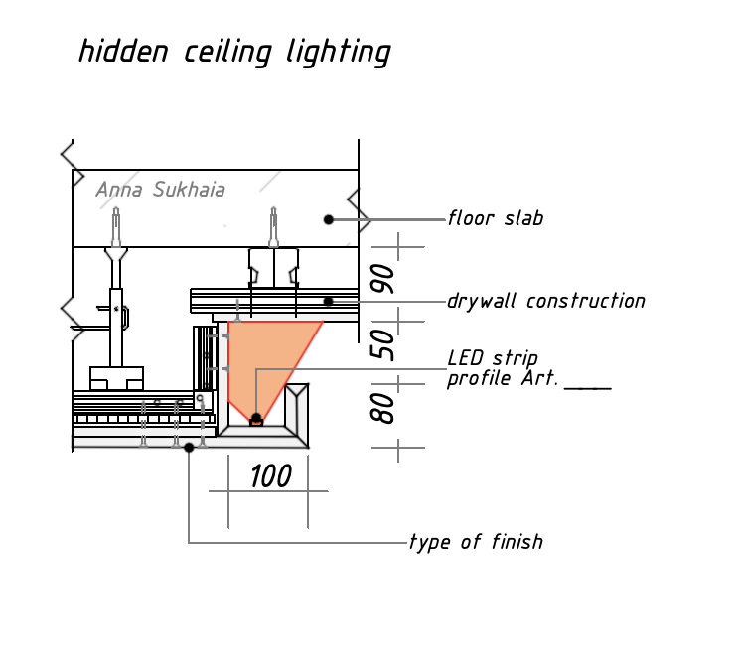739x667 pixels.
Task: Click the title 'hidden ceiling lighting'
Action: tap(234, 52)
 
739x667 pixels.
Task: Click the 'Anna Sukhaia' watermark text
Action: tap(160, 190)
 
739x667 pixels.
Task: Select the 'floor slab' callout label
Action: tap(496, 218)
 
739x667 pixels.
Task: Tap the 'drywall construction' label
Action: tap(545, 301)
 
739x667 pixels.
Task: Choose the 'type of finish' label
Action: tap(477, 542)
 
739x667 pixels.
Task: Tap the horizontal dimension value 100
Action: tap(270, 476)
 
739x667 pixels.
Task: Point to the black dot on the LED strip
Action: tap(256, 418)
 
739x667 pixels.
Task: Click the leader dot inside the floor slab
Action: tap(329, 219)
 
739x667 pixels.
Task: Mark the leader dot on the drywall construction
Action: tap(328, 301)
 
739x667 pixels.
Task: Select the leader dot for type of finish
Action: tap(189, 448)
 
